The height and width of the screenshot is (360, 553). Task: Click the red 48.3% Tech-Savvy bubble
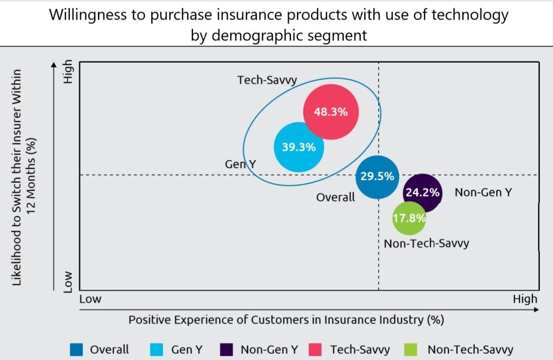click(331, 112)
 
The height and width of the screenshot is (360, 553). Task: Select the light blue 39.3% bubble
click(299, 147)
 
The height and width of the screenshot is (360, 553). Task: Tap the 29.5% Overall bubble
click(377, 177)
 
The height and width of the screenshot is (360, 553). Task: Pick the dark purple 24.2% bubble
click(422, 192)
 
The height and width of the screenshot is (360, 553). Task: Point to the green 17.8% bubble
click(409, 218)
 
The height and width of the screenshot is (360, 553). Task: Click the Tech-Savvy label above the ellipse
click(267, 80)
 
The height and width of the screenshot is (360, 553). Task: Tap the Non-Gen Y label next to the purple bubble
click(483, 192)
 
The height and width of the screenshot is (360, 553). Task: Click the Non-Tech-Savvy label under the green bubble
click(426, 244)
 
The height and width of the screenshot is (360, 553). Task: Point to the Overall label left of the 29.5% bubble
click(335, 197)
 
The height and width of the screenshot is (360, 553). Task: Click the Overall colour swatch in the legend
click(76, 349)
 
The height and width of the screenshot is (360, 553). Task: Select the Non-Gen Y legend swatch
click(227, 349)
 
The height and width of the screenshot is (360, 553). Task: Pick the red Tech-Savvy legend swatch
click(315, 349)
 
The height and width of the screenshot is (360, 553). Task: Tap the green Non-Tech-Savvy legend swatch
click(411, 349)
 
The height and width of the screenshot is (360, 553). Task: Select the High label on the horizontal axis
click(525, 299)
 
